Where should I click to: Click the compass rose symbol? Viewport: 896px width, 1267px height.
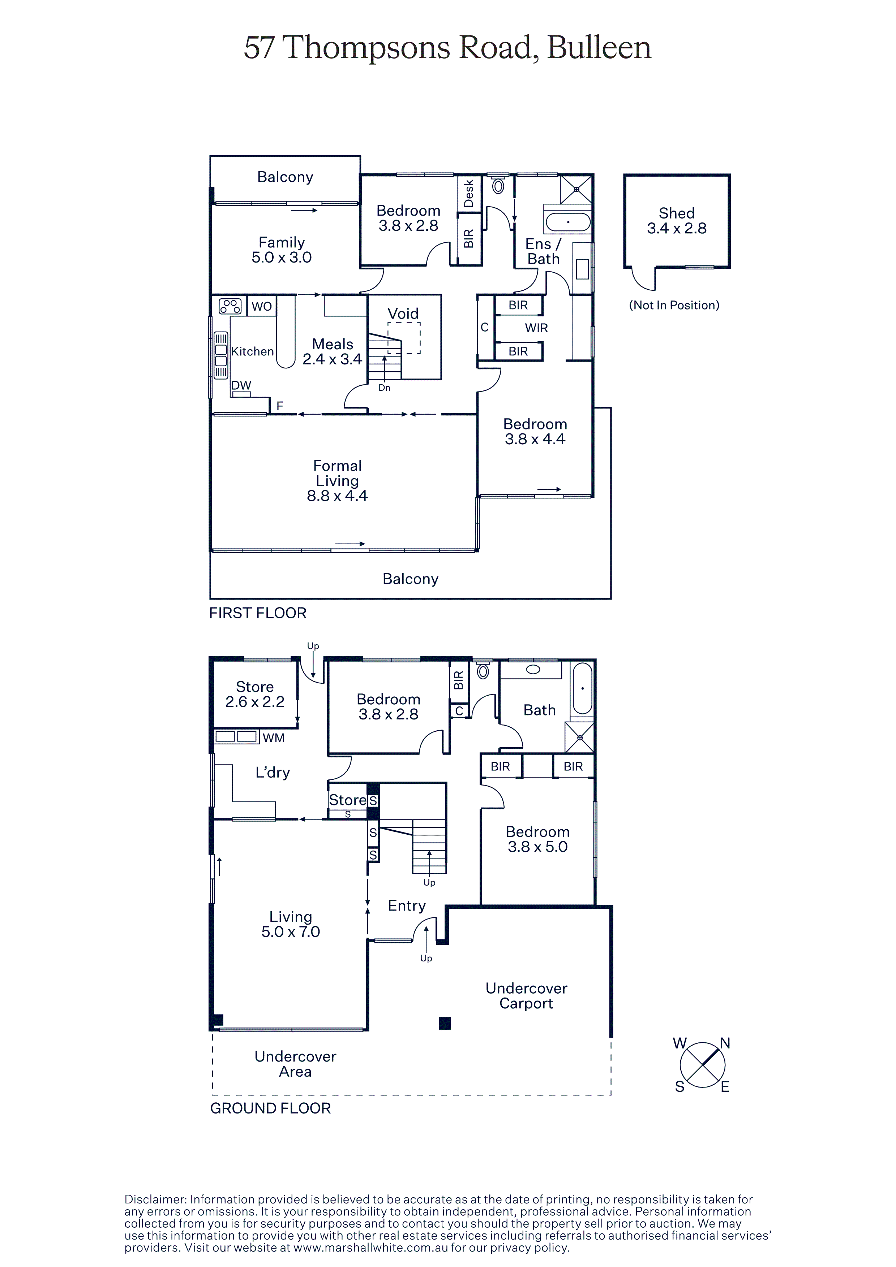[x=702, y=1064]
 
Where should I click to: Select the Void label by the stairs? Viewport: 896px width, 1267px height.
[x=403, y=313]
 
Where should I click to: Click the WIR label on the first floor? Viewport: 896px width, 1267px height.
[x=536, y=328]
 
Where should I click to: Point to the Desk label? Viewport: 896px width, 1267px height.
[x=469, y=193]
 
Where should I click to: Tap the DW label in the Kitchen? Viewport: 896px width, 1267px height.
[x=241, y=385]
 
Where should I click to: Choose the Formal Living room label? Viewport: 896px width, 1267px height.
[x=337, y=481]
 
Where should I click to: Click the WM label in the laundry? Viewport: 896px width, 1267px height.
[x=274, y=738]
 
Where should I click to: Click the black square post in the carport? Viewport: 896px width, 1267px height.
[x=445, y=1024]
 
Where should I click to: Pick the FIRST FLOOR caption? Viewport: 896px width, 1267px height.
[x=258, y=613]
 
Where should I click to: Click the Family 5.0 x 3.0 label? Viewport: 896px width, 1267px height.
[x=282, y=250]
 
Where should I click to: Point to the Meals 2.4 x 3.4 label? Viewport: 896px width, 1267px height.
[x=333, y=351]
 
